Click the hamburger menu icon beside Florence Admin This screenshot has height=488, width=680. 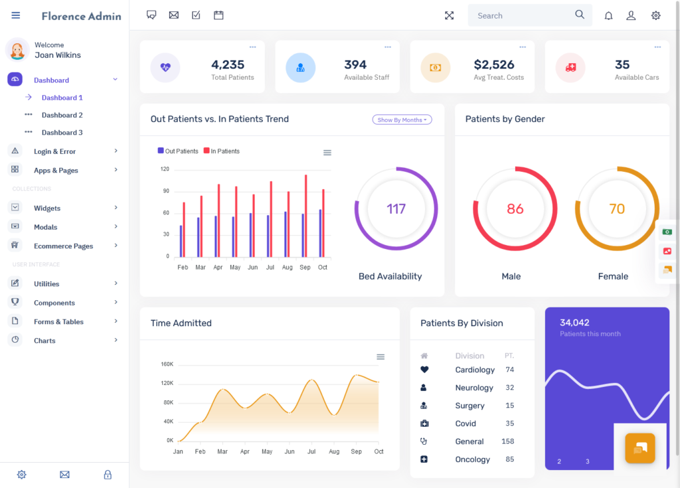(16, 16)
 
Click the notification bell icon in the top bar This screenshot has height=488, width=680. (608, 16)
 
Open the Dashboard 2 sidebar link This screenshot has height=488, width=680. (62, 115)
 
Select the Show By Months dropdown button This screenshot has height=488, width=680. (402, 120)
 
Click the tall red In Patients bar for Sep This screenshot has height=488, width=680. (305, 216)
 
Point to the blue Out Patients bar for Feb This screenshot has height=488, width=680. (181, 241)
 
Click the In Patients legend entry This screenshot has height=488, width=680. (222, 151)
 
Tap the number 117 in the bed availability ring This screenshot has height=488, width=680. (396, 209)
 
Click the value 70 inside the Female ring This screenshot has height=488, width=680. (617, 209)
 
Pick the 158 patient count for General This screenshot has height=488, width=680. (508, 441)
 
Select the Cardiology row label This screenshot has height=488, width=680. (475, 370)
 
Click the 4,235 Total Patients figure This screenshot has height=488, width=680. (228, 64)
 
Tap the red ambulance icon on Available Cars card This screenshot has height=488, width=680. (570, 68)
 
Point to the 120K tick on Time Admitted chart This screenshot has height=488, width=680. (167, 383)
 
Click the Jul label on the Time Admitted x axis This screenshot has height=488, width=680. (311, 451)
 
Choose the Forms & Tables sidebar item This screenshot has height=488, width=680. (58, 322)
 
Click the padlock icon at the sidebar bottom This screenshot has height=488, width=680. (108, 475)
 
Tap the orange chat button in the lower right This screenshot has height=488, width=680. (640, 448)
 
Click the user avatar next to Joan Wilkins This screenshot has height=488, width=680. (17, 50)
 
